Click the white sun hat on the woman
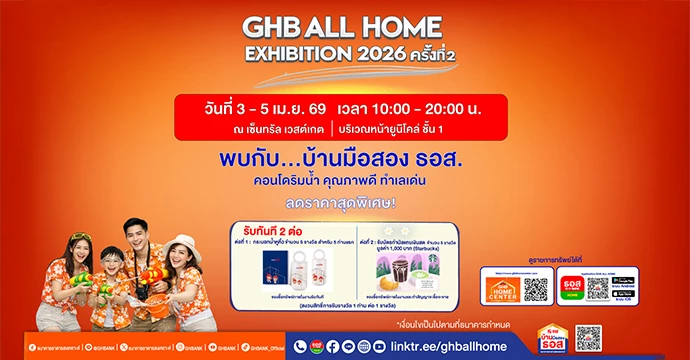[x=182, y=243]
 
